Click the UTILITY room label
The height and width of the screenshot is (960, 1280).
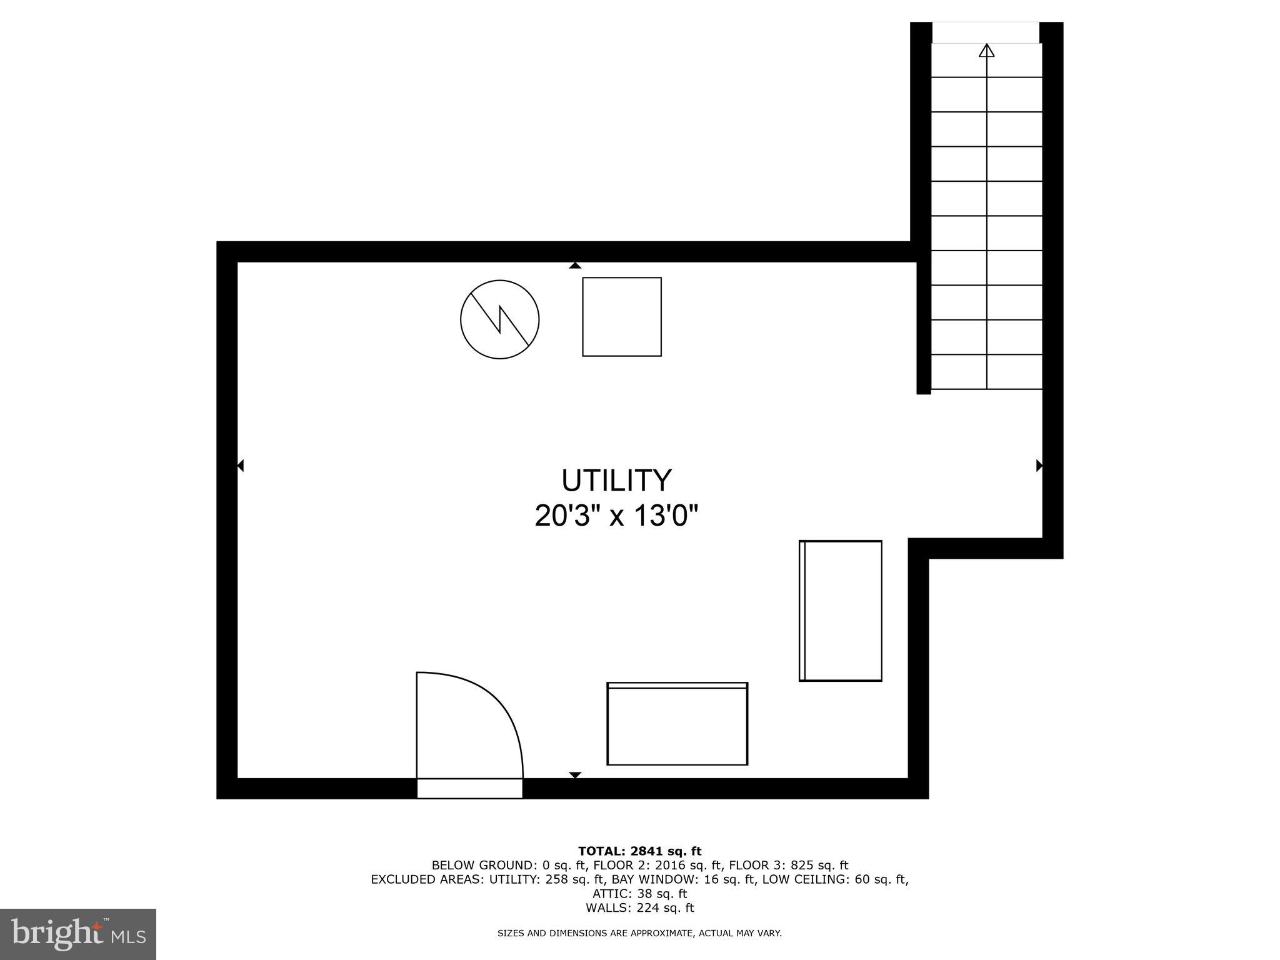(x=616, y=481)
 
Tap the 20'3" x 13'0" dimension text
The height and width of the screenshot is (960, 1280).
(x=616, y=516)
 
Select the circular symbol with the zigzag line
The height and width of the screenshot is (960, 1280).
(x=500, y=319)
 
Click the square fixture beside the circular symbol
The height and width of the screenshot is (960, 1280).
(x=622, y=317)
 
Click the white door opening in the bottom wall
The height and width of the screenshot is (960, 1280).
(x=469, y=788)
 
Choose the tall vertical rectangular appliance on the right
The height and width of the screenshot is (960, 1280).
(x=841, y=611)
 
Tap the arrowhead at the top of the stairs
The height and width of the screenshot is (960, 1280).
(x=987, y=51)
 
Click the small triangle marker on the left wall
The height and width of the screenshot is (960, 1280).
(x=241, y=466)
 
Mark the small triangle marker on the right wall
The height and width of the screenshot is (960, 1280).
(x=1039, y=466)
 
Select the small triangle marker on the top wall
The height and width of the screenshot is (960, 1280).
(x=575, y=266)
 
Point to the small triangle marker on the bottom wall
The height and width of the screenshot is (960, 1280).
(x=575, y=775)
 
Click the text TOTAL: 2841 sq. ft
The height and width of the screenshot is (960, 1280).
(x=639, y=851)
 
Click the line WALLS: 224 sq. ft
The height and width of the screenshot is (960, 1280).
(x=639, y=907)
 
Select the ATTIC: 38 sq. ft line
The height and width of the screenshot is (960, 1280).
(x=639, y=894)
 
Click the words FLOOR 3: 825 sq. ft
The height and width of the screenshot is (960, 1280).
(x=788, y=865)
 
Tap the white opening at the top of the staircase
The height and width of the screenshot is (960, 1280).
(x=986, y=32)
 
